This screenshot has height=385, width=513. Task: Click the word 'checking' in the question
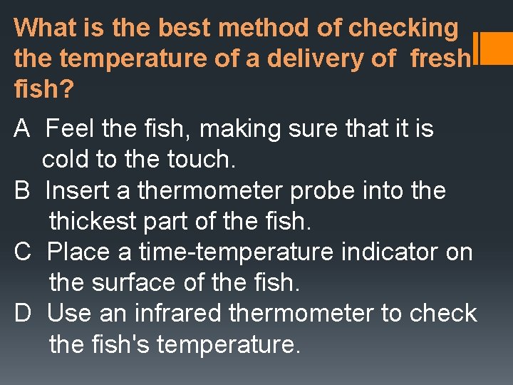pyautogui.click(x=404, y=29)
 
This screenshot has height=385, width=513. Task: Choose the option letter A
pyautogui.click(x=21, y=129)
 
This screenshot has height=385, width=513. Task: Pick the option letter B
pyautogui.click(x=21, y=191)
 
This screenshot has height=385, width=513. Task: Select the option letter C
pyautogui.click(x=22, y=252)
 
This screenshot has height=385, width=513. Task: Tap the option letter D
pyautogui.click(x=22, y=314)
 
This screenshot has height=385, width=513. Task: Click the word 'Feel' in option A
pyautogui.click(x=70, y=129)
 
